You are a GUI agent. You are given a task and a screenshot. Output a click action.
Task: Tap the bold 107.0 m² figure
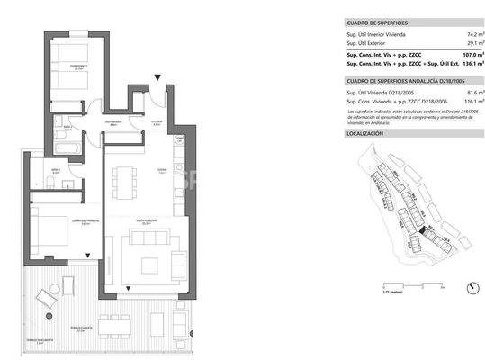click(x=463, y=55)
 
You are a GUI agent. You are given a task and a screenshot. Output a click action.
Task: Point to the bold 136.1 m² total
click(x=463, y=65)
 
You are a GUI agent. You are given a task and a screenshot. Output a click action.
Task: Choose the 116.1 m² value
click(x=464, y=102)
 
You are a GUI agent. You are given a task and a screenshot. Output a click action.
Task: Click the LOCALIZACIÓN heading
click(x=365, y=134)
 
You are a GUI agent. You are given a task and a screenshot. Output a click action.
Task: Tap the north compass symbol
click(x=471, y=288)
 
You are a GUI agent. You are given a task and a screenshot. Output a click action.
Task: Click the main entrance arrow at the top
click(x=159, y=79)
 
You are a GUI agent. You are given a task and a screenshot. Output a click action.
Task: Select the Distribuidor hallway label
click(x=113, y=121)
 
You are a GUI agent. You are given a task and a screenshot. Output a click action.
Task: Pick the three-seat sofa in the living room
click(x=148, y=238)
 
